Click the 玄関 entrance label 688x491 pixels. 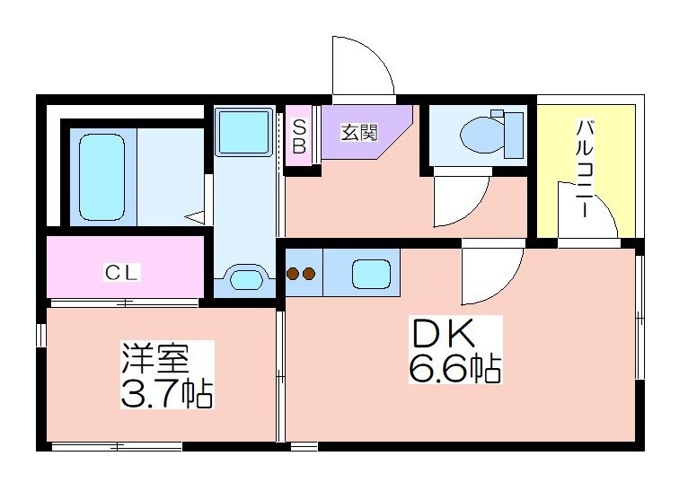[x=359, y=132]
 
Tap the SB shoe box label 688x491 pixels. [x=299, y=136]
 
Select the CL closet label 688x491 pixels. [x=121, y=273]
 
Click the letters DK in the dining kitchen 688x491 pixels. [x=443, y=333]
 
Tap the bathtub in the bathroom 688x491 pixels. [x=101, y=177]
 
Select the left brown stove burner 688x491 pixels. [x=293, y=274]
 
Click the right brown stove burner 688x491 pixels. [x=309, y=274]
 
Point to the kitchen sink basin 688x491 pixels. [x=371, y=274]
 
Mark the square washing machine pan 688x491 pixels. [x=244, y=132]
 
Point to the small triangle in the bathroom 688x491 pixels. [x=194, y=216]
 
